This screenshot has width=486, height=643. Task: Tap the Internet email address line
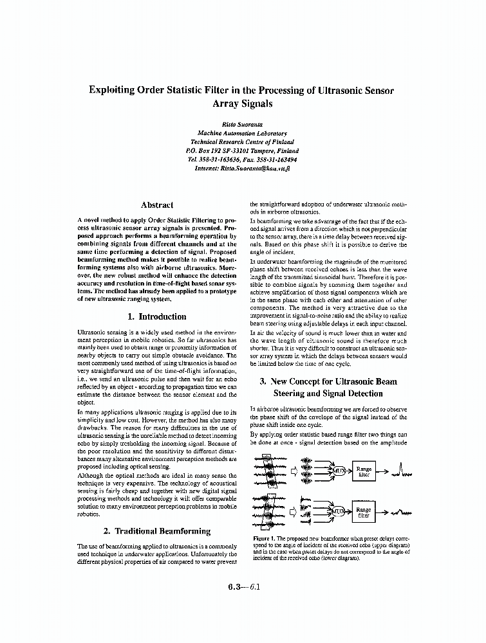pyautogui.click(x=242, y=168)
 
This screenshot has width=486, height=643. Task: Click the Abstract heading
pyautogui.click(x=156, y=205)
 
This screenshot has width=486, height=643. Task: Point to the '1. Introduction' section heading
pyautogui.click(x=156, y=316)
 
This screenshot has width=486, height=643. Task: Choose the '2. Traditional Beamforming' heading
pyautogui.click(x=156, y=531)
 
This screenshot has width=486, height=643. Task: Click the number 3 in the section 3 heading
pyautogui.click(x=263, y=381)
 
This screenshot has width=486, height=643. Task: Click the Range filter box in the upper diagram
pyautogui.click(x=364, y=472)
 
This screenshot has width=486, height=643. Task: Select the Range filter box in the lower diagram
pyautogui.click(x=364, y=512)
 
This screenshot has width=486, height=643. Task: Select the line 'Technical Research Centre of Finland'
pyautogui.click(x=242, y=141)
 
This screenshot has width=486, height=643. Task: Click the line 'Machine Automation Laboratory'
pyautogui.click(x=242, y=133)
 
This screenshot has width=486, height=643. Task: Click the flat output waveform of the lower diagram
pyautogui.click(x=402, y=512)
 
